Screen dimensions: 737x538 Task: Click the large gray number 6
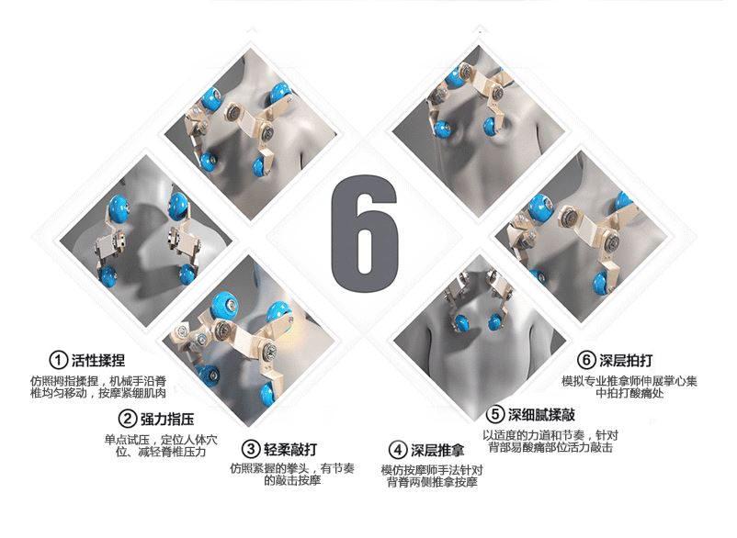pyautogui.click(x=365, y=233)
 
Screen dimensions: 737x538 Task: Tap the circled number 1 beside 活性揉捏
pyautogui.click(x=58, y=361)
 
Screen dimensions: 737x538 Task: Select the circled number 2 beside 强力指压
pyautogui.click(x=127, y=419)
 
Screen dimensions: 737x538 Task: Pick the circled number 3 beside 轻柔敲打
pyautogui.click(x=251, y=449)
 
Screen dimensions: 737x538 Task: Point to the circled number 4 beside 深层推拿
pyautogui.click(x=398, y=450)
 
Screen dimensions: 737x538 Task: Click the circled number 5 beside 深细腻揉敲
pyautogui.click(x=495, y=415)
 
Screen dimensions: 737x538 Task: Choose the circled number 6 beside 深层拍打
pyautogui.click(x=586, y=360)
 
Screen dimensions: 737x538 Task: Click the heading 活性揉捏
pyautogui.click(x=98, y=361)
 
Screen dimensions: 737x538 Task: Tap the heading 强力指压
pyautogui.click(x=167, y=419)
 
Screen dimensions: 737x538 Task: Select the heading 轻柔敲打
pyautogui.click(x=290, y=449)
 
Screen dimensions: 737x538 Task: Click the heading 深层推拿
pyautogui.click(x=437, y=450)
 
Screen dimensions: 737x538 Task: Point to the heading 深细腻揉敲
pyautogui.click(x=541, y=415)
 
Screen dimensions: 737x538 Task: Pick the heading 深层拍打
pyautogui.click(x=626, y=361)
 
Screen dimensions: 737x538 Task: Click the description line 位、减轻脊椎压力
pyautogui.click(x=161, y=452)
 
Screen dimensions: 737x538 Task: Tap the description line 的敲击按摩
pyautogui.click(x=292, y=480)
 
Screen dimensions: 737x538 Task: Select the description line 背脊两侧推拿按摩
pyautogui.click(x=433, y=482)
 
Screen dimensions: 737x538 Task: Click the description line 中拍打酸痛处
pyautogui.click(x=629, y=393)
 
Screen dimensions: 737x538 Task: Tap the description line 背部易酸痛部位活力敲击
pyautogui.click(x=550, y=447)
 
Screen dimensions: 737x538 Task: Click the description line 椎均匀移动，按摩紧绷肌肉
pyautogui.click(x=98, y=392)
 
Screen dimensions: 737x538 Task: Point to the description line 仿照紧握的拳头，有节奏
pyautogui.click(x=292, y=468)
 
